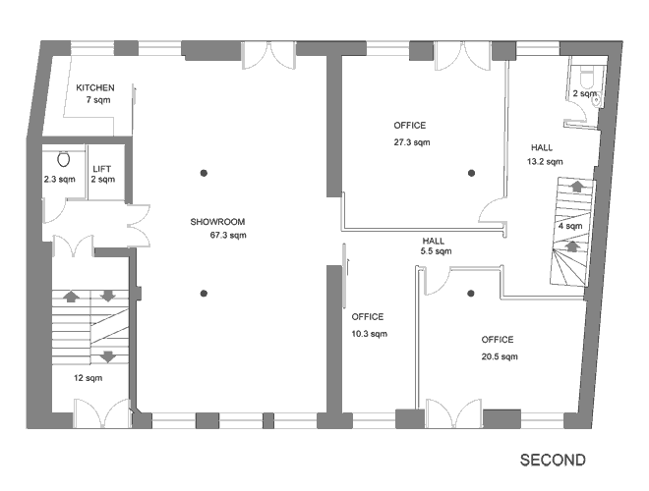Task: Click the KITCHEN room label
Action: (95, 87)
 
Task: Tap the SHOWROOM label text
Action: (217, 222)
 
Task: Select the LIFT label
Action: (102, 169)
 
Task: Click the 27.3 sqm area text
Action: (412, 142)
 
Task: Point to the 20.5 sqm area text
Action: (500, 356)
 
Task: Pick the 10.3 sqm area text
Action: (370, 334)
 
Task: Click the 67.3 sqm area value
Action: (228, 236)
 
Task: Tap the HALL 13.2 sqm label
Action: (545, 154)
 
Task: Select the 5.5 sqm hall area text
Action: (437, 251)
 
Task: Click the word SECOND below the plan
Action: (553, 460)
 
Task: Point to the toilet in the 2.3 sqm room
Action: (63, 159)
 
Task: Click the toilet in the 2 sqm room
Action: (587, 79)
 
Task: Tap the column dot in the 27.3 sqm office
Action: (471, 173)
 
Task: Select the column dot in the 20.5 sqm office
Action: (471, 294)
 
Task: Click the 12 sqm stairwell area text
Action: (88, 378)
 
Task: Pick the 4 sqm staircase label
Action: (570, 227)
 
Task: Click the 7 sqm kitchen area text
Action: (98, 100)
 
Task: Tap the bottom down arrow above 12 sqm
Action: (108, 356)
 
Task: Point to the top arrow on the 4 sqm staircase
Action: (576, 186)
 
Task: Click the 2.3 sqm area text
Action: (60, 180)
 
